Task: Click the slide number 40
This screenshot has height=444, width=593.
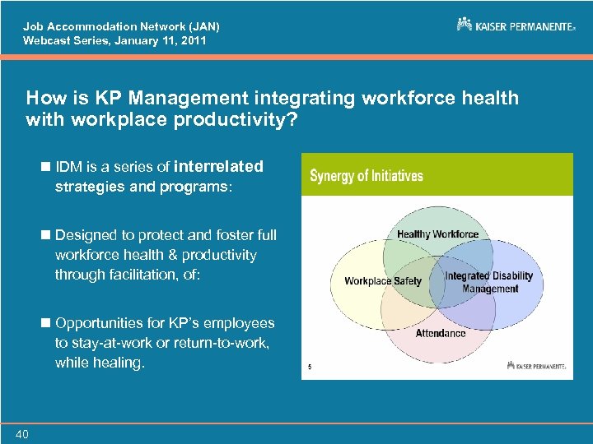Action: coord(21,434)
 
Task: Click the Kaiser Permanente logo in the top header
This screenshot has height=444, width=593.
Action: coord(516,25)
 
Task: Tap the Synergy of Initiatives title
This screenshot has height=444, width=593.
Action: coord(367,175)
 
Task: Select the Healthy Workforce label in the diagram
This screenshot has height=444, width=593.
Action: coord(437,234)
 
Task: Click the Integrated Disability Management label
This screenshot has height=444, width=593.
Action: coord(489,282)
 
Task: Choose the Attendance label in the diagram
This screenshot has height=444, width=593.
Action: coord(440,333)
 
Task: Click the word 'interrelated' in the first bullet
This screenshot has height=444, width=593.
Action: coord(219,166)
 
